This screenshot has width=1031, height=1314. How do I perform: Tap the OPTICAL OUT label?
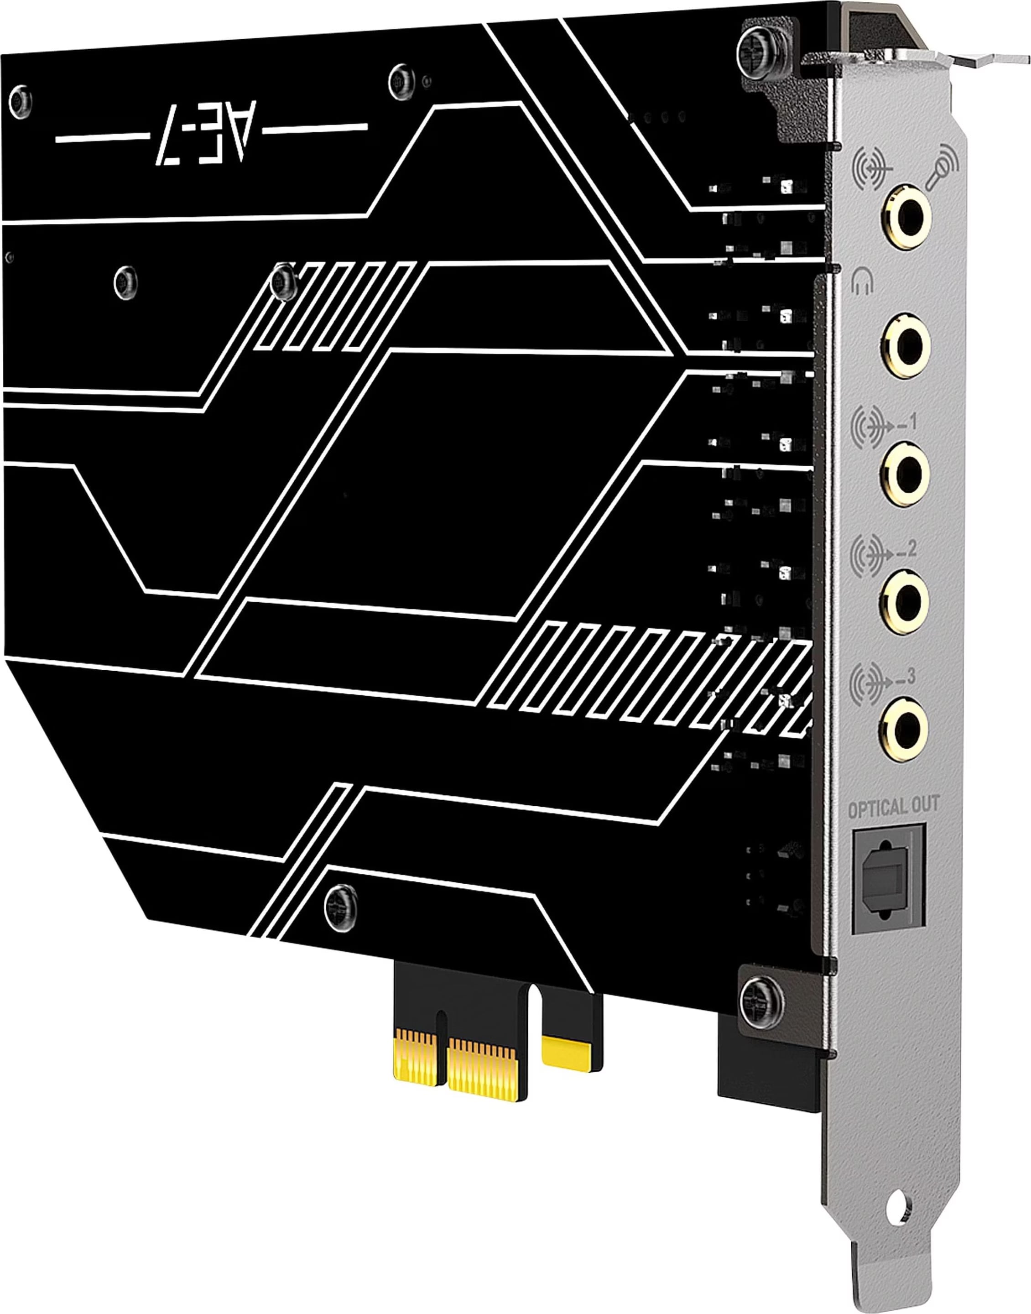point(893,807)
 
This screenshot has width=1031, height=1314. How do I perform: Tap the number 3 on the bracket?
point(910,677)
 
